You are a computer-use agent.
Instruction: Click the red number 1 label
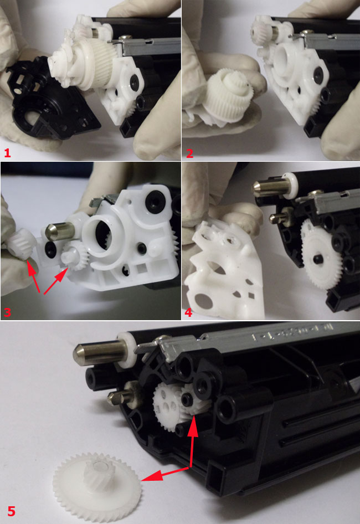click(x=7, y=153)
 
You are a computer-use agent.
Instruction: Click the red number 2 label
click(x=189, y=153)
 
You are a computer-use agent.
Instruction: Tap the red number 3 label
click(x=7, y=312)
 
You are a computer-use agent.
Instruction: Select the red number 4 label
click(x=188, y=312)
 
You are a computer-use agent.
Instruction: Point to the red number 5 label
click(x=11, y=511)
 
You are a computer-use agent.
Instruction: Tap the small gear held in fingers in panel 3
click(x=21, y=243)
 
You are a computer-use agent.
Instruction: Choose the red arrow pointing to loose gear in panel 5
click(x=166, y=474)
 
